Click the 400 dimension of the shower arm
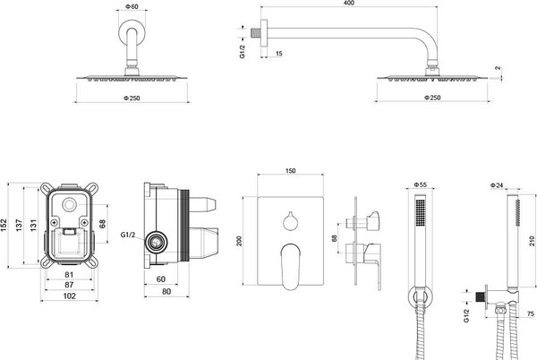click(x=348, y=3)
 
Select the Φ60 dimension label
click(x=132, y=6)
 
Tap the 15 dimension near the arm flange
click(x=278, y=54)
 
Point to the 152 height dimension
click(x=4, y=225)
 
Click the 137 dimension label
click(x=19, y=225)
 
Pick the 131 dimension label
click(x=33, y=225)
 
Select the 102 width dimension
click(x=69, y=296)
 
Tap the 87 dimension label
click(x=69, y=285)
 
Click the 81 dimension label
click(x=69, y=275)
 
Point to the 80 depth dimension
click(x=166, y=292)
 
